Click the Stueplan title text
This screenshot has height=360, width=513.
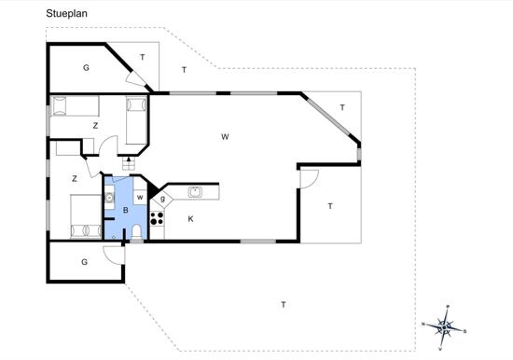[x=67, y=14]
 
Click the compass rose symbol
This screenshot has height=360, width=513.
[x=444, y=327]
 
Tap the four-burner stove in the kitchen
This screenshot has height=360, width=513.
[x=157, y=218]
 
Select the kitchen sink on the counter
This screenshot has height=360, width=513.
[x=195, y=192]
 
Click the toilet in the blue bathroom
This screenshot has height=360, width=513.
[x=136, y=232]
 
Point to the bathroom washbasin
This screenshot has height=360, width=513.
[x=109, y=198]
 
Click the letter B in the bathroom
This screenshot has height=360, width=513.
[x=126, y=211]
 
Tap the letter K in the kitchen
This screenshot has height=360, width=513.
[x=190, y=219]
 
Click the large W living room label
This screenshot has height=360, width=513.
[x=225, y=137]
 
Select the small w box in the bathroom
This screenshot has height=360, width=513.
[x=140, y=198]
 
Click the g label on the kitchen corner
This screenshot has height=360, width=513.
[x=162, y=199]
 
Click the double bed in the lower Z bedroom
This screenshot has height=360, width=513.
[x=86, y=216]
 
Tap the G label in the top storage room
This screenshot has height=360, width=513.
[x=86, y=68]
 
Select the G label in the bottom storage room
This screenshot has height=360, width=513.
[x=84, y=262]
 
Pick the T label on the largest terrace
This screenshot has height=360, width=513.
[x=284, y=305]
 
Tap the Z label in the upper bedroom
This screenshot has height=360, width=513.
[x=95, y=126]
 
